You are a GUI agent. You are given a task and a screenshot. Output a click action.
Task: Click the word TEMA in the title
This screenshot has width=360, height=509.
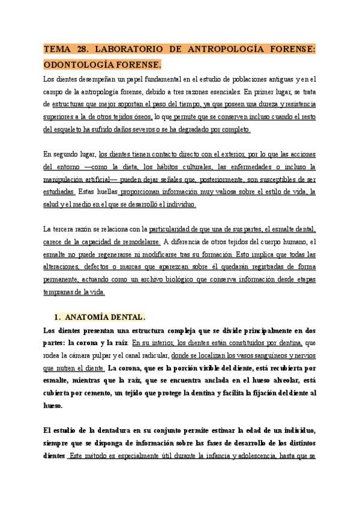(57, 50)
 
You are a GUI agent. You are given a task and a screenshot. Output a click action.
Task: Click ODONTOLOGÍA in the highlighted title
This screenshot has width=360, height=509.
(79, 64)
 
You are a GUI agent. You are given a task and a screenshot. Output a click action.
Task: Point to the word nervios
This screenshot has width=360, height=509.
(299, 356)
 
